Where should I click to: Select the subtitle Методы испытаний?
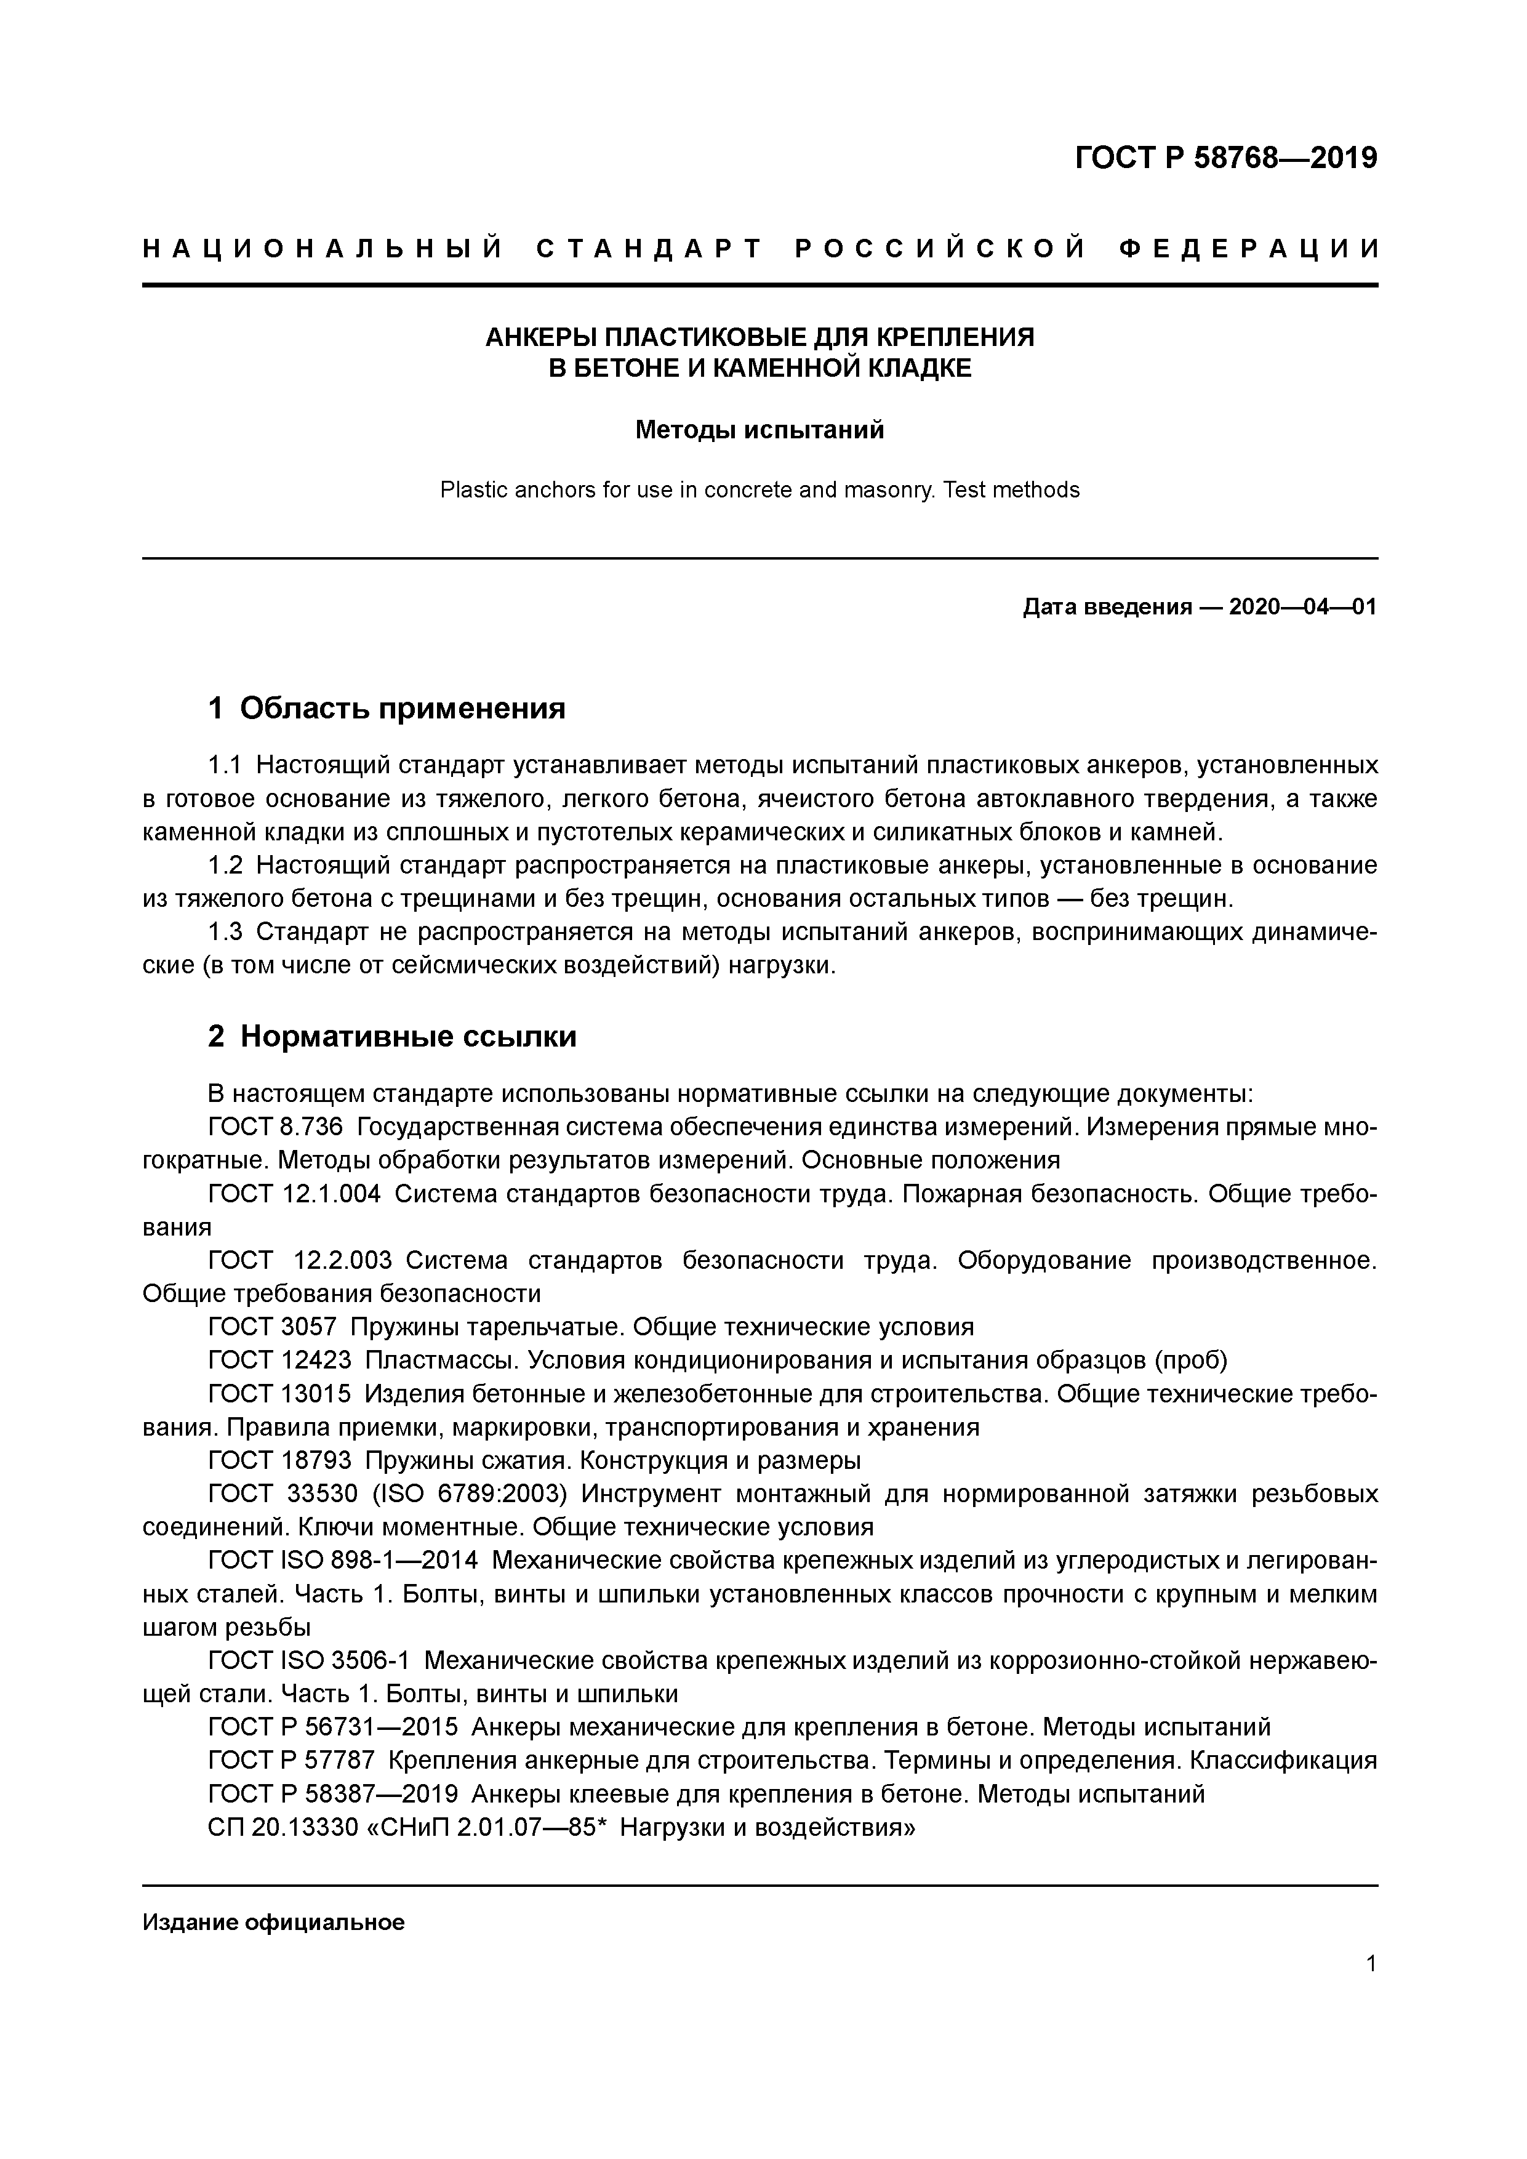[x=759, y=431]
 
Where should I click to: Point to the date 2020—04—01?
[x=1302, y=608]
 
